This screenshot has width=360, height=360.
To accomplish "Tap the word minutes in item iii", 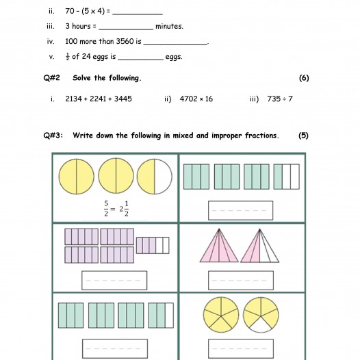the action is coord(169,26).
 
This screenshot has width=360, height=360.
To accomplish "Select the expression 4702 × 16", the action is coord(196,99).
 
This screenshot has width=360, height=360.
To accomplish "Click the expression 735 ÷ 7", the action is coord(280,99).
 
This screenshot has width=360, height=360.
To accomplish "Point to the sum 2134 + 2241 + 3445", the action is coord(99,99).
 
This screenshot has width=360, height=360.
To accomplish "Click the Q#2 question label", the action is coord(51,78).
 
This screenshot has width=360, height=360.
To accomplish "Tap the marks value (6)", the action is coord(304,78).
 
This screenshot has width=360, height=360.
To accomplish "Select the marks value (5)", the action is coord(303,136).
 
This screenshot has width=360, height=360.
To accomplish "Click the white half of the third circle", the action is coord(163,177).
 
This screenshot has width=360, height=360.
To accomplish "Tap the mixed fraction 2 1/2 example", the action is coord(124,209).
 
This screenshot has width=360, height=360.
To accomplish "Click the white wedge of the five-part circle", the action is coord(261,326).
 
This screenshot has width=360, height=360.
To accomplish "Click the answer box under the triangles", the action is coord(241,281).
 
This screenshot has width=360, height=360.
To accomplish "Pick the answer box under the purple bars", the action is coord(114,281).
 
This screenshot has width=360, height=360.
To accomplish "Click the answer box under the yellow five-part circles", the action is coord(241,348).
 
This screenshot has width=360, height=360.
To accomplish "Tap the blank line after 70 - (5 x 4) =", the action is coord(138,14).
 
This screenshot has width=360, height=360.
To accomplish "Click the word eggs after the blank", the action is coord(174,57).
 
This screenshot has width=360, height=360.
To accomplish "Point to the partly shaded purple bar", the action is coord(153,246).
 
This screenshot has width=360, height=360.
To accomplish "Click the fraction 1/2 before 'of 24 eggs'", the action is coord(68,57).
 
